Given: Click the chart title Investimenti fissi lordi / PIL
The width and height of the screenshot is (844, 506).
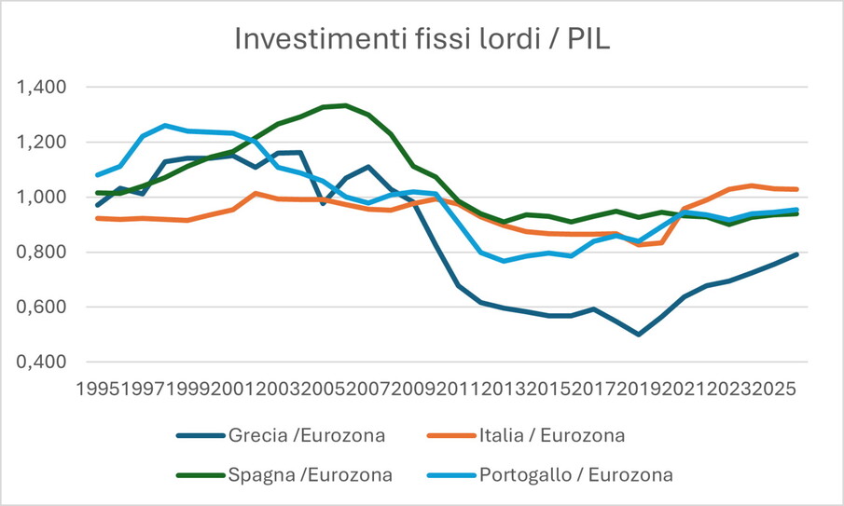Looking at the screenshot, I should (x=422, y=39).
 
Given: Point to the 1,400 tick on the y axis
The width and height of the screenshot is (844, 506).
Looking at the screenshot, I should (x=43, y=88).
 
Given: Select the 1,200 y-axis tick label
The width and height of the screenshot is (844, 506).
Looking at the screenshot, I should (x=43, y=143).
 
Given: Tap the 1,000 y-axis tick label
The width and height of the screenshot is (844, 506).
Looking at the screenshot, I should (x=43, y=198).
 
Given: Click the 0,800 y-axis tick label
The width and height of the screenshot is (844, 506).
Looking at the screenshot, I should (x=43, y=253).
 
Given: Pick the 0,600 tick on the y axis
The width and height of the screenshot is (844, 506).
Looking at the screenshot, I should (x=43, y=308).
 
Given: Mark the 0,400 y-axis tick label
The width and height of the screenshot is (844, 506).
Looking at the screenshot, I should (x=43, y=362).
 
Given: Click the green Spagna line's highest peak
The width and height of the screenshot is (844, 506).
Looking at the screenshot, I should (x=345, y=105).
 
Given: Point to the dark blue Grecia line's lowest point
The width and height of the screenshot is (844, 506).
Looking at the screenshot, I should (x=639, y=334).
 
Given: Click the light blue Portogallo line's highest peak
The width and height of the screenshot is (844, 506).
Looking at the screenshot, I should (x=165, y=125).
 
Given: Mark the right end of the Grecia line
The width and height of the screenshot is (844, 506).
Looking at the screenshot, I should (x=796, y=254).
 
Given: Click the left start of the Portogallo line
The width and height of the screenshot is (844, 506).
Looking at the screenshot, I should (x=97, y=175).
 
